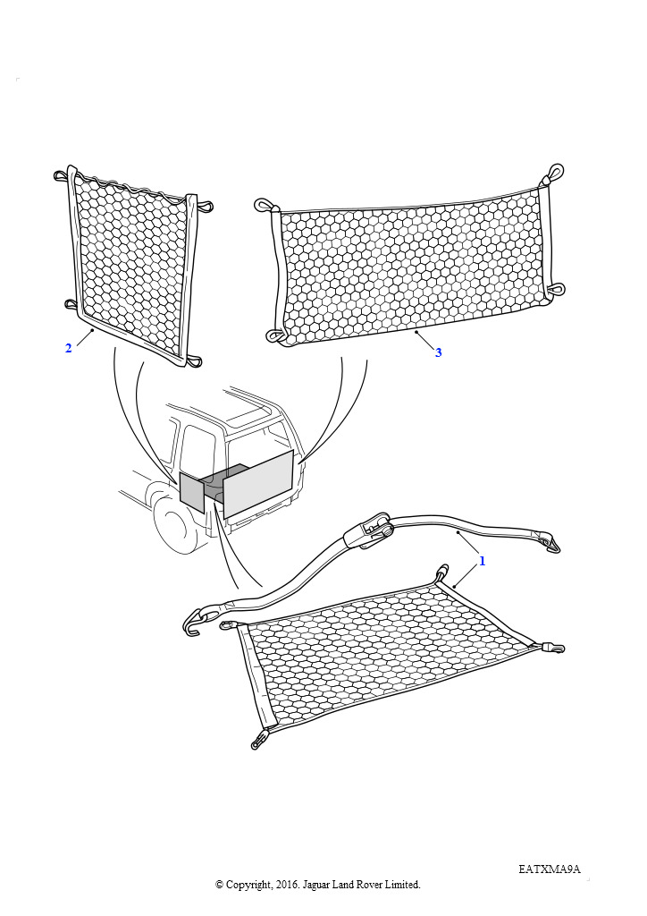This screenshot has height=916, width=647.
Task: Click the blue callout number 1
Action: coord(482,561)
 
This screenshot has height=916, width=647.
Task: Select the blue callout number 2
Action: coord(68,348)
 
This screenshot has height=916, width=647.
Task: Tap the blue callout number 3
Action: coord(438,352)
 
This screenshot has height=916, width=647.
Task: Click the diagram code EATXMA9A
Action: coord(550,869)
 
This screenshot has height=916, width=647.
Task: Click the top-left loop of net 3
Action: coord(265,205)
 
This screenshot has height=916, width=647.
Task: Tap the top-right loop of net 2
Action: coord(205,206)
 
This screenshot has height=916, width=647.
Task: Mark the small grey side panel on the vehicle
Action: coord(190,492)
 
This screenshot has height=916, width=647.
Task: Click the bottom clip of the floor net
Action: coord(258,740)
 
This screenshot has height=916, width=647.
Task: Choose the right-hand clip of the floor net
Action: coord(553,648)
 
